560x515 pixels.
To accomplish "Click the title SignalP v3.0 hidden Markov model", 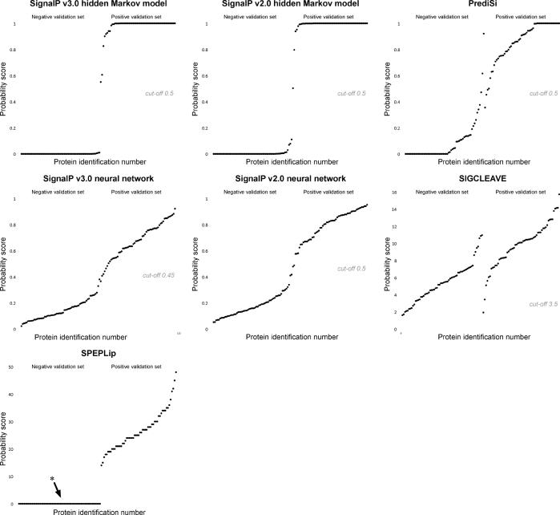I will pos(92,5).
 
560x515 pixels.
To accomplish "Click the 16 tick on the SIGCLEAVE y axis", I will pos(394,193).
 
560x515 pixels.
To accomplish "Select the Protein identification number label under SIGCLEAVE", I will pos(476,339).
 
